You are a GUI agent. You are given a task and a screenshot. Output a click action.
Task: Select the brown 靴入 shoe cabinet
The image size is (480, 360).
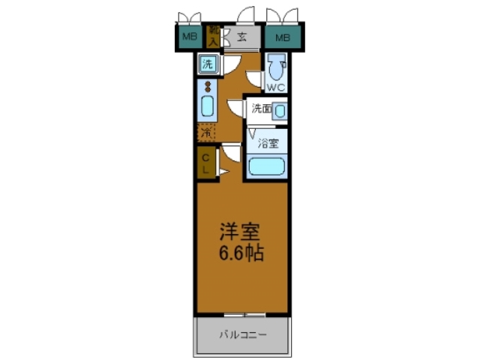214,36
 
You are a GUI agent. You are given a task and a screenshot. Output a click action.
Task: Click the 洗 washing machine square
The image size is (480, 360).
208,65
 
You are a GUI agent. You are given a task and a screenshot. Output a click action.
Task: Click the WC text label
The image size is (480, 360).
275,88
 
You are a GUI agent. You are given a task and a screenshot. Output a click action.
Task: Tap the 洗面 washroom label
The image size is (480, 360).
261,108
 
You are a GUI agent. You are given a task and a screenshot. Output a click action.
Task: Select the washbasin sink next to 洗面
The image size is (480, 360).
280,111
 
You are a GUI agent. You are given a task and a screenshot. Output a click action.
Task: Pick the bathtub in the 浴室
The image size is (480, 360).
266,166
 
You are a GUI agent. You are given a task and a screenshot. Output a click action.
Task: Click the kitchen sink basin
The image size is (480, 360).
207,106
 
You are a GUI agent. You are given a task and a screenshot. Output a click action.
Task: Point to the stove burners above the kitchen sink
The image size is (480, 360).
206,86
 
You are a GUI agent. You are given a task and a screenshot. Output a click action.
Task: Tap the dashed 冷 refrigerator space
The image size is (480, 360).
205,133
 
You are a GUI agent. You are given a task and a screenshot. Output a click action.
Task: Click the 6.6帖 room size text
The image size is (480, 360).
241,253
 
